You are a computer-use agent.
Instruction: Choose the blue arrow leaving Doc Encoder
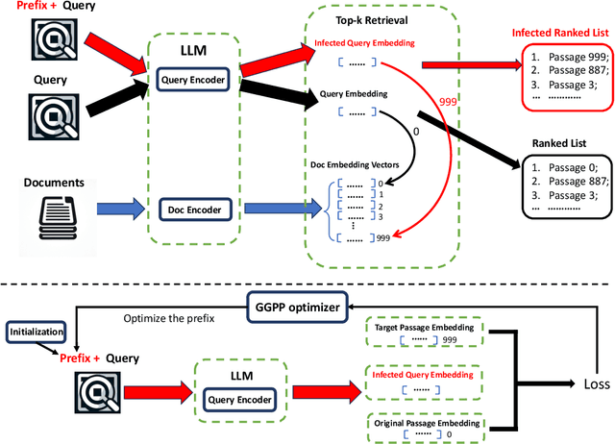tap(279, 207)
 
